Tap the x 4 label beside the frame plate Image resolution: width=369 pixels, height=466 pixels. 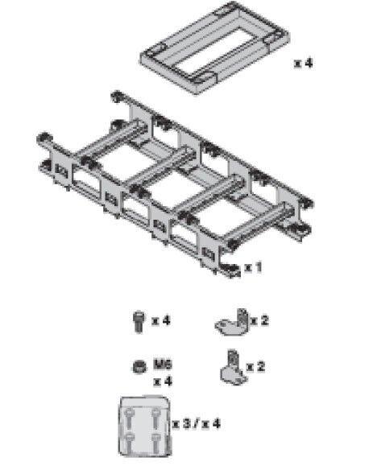click(304, 63)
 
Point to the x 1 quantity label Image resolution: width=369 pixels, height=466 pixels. click(253, 267)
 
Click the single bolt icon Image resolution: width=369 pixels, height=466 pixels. click(138, 321)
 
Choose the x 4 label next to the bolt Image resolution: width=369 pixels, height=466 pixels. click(161, 320)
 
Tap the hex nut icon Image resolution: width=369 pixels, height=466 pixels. click(139, 367)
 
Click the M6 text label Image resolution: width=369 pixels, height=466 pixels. click(163, 364)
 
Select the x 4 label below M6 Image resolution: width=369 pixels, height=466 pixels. click(163, 381)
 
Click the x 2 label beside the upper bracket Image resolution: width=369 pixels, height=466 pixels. click(260, 320)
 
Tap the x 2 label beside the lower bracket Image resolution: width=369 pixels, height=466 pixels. click(256, 366)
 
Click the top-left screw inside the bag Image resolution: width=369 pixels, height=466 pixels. click(130, 419)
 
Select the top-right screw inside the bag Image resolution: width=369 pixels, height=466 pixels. click(156, 419)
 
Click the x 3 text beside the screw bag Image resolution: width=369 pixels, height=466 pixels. click(181, 423)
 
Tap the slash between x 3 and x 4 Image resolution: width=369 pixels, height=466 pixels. click(196, 423)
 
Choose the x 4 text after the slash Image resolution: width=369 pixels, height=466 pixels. click(211, 423)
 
